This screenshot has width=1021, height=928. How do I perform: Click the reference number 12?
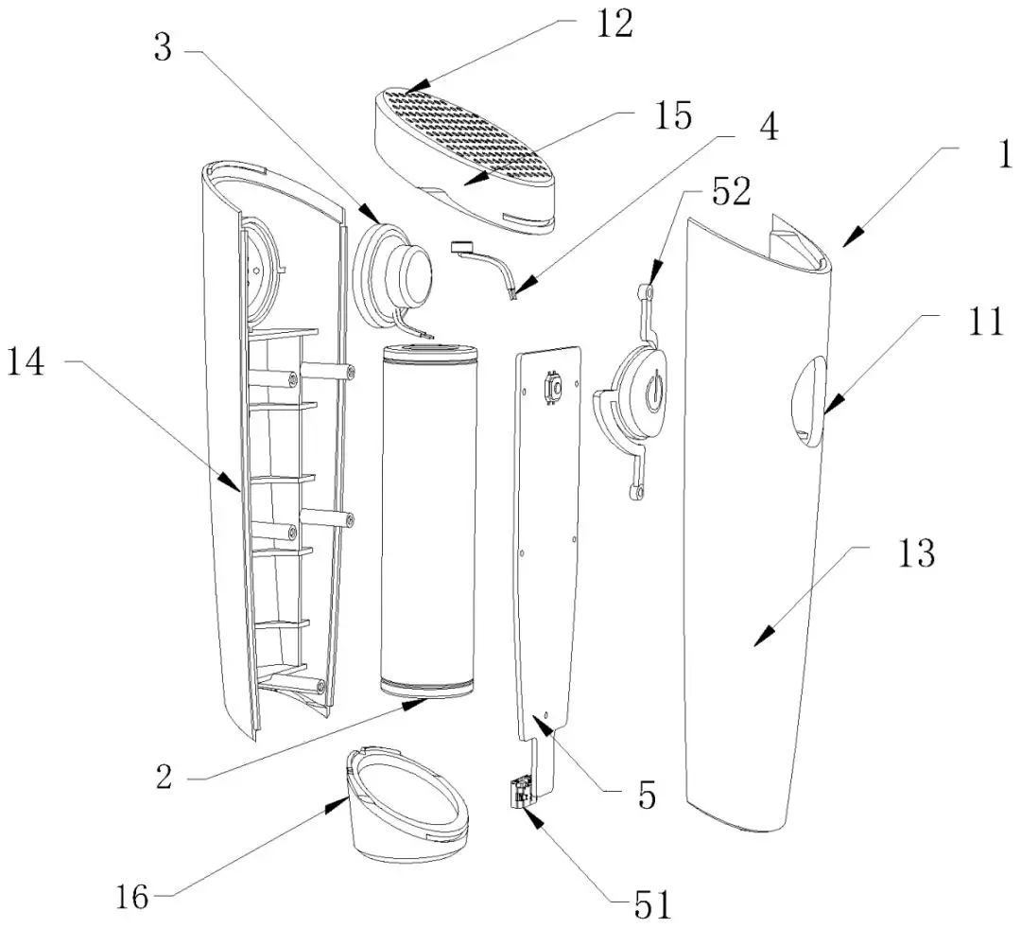pos(613,26)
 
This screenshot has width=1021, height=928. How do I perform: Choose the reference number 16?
pos(133,896)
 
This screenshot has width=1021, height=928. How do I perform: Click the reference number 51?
pos(651,905)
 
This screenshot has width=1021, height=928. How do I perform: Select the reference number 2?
pos(165,778)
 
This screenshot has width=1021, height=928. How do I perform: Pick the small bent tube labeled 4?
pos(488,270)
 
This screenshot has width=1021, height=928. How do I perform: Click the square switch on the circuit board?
pos(552,388)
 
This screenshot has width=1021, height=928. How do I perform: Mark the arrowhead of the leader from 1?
pos(844,244)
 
